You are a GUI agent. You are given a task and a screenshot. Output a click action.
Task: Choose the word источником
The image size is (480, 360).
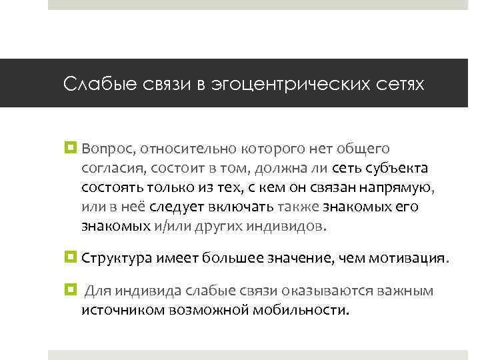pyautogui.click(x=119, y=311)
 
